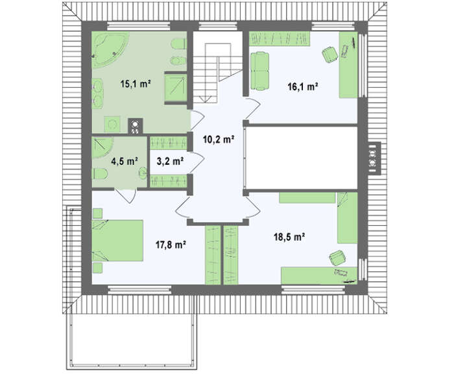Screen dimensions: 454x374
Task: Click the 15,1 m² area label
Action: click(136, 84)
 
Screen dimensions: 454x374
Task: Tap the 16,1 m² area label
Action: click(303, 86)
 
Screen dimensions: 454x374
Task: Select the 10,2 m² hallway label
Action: click(219, 140)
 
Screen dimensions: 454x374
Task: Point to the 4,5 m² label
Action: click(125, 161)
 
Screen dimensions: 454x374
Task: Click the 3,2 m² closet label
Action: click(170, 161)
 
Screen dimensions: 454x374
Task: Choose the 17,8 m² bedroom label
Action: click(171, 245)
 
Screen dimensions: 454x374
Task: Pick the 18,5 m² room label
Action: click(289, 237)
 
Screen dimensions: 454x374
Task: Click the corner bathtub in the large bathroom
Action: click(110, 49)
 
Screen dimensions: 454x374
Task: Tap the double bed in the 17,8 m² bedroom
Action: click(117, 241)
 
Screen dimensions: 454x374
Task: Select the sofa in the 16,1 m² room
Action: click(259, 71)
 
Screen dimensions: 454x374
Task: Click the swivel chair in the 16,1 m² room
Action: click(330, 54)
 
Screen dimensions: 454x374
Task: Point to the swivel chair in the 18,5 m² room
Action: click(337, 258)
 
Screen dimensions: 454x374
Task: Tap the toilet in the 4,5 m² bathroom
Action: click(100, 174)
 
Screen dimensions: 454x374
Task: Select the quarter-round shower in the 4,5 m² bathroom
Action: click(102, 147)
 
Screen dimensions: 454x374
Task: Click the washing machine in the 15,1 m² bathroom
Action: click(112, 124)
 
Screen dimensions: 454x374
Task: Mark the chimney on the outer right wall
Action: click(374, 158)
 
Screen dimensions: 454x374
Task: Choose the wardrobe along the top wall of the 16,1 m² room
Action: click(280, 38)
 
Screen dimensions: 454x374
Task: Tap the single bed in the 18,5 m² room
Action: click(348, 218)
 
